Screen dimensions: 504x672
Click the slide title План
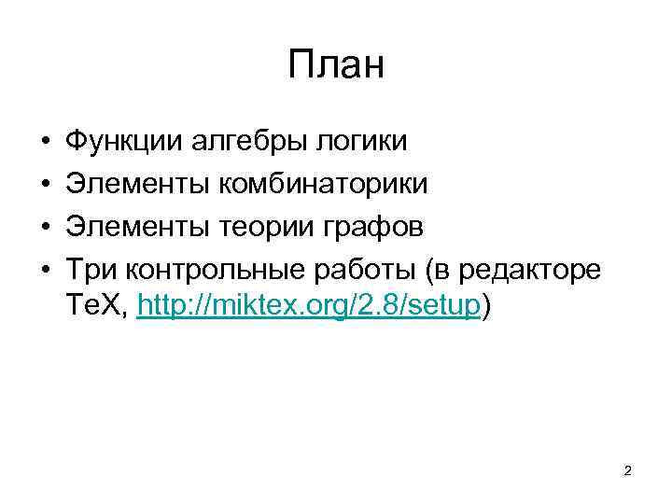(x=336, y=66)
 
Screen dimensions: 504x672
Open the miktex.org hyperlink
(x=308, y=305)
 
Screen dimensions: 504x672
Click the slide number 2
(x=627, y=471)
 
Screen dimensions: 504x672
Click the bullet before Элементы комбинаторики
(x=45, y=185)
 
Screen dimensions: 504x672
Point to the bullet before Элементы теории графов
(x=45, y=226)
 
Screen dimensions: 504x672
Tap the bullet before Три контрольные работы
(x=45, y=268)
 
